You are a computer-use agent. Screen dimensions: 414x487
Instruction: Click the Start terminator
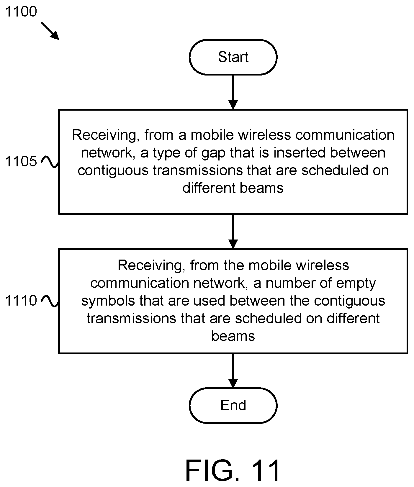[x=233, y=57]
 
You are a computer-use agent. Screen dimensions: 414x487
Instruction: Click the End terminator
[x=233, y=405]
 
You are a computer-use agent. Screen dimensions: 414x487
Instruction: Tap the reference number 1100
[x=21, y=12]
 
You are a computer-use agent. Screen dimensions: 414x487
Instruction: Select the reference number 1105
[x=21, y=161]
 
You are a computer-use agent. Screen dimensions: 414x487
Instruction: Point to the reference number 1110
[x=21, y=301]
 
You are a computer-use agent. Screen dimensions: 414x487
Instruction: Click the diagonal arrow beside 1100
[x=50, y=30]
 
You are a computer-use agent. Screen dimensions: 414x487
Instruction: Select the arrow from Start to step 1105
[x=233, y=92]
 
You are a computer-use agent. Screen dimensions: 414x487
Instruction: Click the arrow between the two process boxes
[x=233, y=231]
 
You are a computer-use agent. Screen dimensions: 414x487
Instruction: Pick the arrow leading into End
[x=233, y=370]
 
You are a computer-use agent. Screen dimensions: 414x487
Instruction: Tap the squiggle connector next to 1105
[x=50, y=162]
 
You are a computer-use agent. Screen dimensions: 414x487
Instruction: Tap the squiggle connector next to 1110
[x=50, y=301]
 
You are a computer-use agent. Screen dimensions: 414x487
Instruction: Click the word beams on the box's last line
[x=233, y=336]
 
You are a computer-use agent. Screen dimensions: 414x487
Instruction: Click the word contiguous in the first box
[x=113, y=171]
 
